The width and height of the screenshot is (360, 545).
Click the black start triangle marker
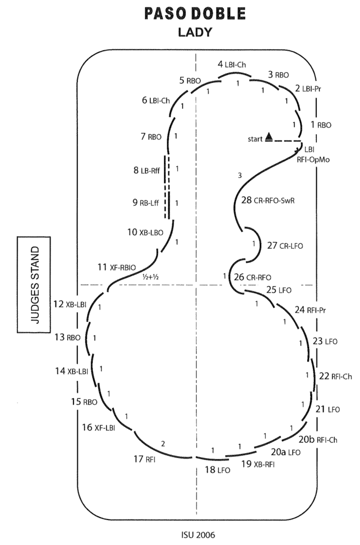coord(269,136)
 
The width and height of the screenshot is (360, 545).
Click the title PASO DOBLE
coord(195,14)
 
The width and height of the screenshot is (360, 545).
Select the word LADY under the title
coord(195,32)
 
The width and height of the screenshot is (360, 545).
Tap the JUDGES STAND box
coord(34,284)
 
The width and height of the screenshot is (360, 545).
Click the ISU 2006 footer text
coord(198,535)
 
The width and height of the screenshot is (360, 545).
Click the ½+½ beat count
coord(150,277)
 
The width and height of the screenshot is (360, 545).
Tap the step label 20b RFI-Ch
coord(318,439)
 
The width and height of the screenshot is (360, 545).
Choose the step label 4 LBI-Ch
coord(232,64)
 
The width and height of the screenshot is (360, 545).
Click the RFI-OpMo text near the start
coord(313,160)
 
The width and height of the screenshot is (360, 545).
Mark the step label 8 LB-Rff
coord(146,170)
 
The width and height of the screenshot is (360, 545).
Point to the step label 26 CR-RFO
coord(253,277)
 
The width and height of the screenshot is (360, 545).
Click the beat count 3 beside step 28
coord(240,176)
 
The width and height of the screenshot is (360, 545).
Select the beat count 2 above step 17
coord(163,444)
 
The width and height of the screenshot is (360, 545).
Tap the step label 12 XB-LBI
coord(70,304)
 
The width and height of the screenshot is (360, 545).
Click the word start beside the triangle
coord(255,139)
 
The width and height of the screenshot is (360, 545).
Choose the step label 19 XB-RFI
coord(258,464)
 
